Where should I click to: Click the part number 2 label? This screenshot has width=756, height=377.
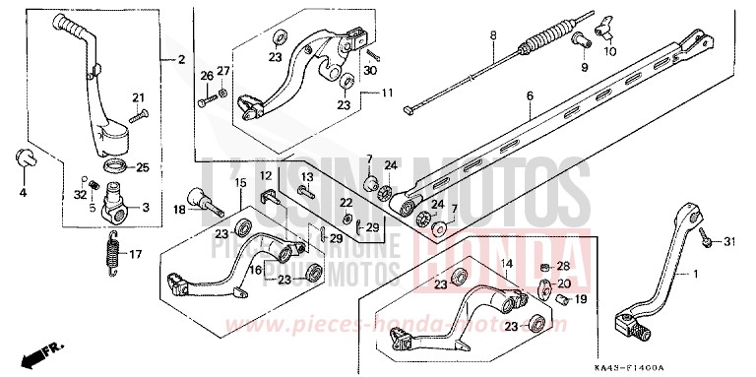pyautogui.click(x=180, y=61)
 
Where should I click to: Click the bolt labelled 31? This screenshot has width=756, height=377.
pyautogui.click(x=707, y=241)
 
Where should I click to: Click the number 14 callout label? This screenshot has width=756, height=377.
pyautogui.click(x=507, y=264)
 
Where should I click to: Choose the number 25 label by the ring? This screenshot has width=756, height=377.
pyautogui.click(x=143, y=167)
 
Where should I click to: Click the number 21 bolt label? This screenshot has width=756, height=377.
pyautogui.click(x=138, y=96)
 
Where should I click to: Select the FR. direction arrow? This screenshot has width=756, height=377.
pyautogui.click(x=40, y=350)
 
